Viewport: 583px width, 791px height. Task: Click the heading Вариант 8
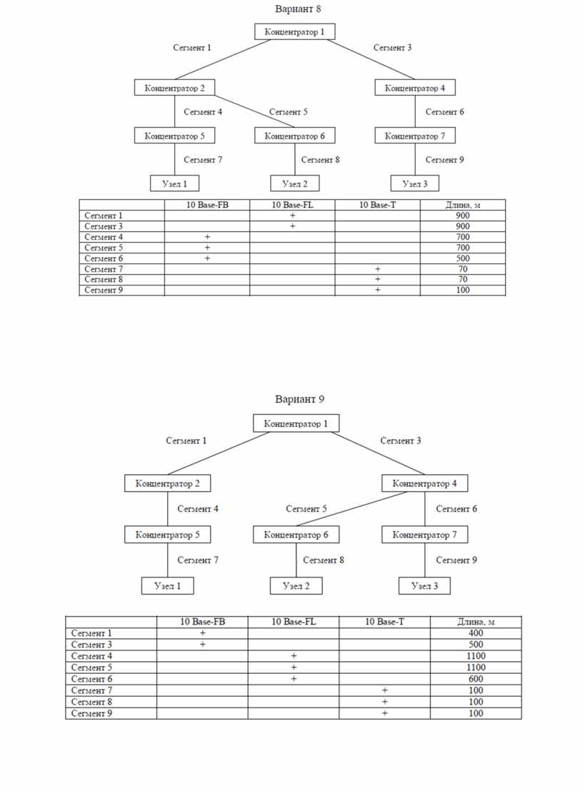(x=298, y=9)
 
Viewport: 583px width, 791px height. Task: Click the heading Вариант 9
(x=299, y=399)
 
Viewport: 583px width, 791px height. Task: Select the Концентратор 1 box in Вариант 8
(x=295, y=32)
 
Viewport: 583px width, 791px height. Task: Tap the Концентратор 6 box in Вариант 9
(x=296, y=535)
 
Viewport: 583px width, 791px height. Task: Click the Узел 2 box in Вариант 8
(x=295, y=183)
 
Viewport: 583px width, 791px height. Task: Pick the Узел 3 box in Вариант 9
(x=424, y=585)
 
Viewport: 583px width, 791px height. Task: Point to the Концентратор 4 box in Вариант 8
(x=415, y=88)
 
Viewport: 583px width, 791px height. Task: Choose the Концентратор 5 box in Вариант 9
(x=168, y=535)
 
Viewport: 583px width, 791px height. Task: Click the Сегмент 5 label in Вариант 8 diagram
(x=288, y=112)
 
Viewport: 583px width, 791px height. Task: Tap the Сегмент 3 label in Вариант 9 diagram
(x=400, y=440)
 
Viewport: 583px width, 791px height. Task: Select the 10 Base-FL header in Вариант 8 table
(x=292, y=205)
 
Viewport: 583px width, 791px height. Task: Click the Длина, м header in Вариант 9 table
(x=476, y=622)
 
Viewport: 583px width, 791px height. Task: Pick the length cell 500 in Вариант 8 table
(x=463, y=258)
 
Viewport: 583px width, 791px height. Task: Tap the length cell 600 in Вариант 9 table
(x=476, y=679)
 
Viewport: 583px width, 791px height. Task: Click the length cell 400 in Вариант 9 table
(x=476, y=633)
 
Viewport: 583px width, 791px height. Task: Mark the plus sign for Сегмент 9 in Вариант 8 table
(x=377, y=290)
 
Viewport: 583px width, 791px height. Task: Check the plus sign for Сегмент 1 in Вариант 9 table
(x=202, y=633)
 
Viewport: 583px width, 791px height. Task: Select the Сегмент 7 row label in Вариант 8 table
(x=104, y=269)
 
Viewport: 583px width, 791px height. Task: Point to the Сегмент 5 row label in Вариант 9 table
(x=91, y=667)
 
